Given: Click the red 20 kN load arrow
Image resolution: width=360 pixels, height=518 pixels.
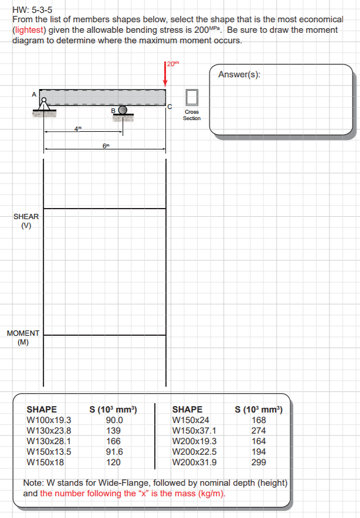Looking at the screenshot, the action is (x=165, y=74).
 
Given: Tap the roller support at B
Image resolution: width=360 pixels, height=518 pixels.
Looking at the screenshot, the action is (x=123, y=113).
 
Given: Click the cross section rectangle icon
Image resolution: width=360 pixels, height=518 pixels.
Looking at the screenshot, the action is (x=192, y=97).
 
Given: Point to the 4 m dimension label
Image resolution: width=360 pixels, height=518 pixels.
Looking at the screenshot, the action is (x=77, y=128).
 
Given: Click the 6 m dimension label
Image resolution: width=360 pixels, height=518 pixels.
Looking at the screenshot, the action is (x=106, y=146).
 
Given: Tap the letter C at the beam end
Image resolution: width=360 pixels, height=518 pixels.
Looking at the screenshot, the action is (x=169, y=107).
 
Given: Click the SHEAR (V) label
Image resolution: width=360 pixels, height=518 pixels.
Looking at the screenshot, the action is (x=26, y=221).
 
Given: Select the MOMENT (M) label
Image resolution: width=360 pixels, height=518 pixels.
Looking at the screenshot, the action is (x=23, y=338).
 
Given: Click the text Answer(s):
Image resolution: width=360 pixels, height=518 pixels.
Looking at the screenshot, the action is (x=239, y=74).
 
